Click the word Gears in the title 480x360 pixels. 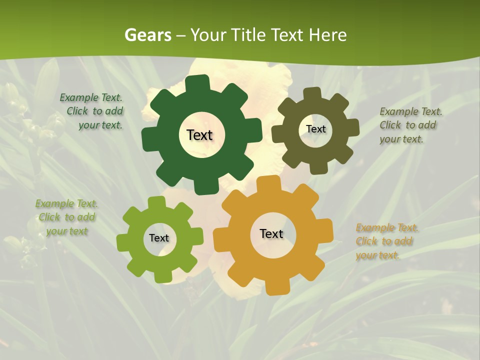point(147,35)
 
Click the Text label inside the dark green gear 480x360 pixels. point(199,135)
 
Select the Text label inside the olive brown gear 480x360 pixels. point(315,129)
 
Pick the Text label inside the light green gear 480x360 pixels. point(159,238)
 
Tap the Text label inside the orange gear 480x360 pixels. point(271,233)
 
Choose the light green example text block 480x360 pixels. point(67,217)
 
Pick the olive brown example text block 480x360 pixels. point(410,125)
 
